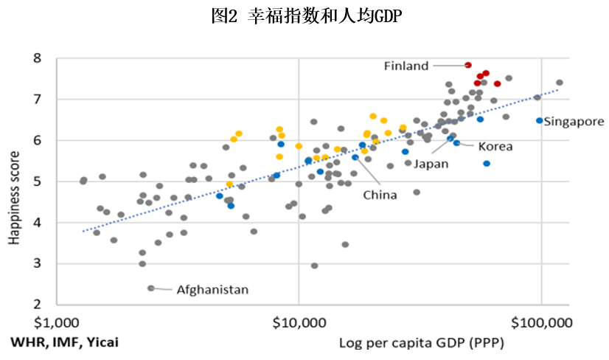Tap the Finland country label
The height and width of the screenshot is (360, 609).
[406, 66]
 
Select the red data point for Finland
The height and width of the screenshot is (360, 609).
[468, 65]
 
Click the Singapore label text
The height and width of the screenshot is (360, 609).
[574, 122]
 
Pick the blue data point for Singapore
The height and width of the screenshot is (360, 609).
[539, 120]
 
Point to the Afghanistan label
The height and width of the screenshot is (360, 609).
[212, 290]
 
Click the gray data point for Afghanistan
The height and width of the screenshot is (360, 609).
[151, 288]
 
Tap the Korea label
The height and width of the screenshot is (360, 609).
[495, 147]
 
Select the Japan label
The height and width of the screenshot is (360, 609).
[431, 164]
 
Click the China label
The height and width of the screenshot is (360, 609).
[380, 195]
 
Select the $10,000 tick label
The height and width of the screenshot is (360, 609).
[299, 322]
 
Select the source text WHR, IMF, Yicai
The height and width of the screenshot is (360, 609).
[64, 342]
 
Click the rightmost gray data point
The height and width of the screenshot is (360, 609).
[560, 83]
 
